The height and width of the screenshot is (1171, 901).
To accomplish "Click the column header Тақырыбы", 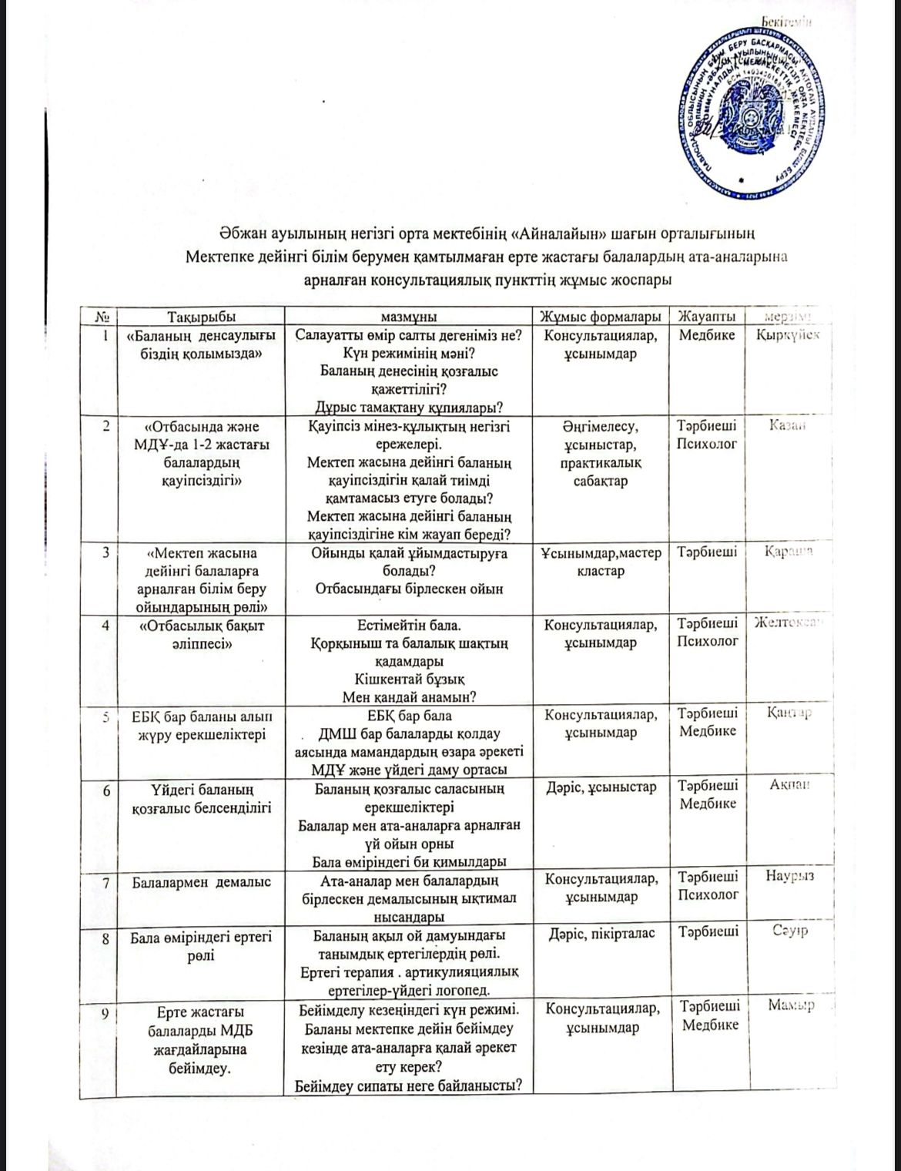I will coord(201,317).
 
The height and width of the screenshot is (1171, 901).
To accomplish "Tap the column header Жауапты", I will coord(706,317).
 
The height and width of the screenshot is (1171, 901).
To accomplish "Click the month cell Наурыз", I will coord(789,876).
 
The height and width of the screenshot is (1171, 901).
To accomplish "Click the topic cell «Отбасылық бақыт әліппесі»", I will coord(201,635).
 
